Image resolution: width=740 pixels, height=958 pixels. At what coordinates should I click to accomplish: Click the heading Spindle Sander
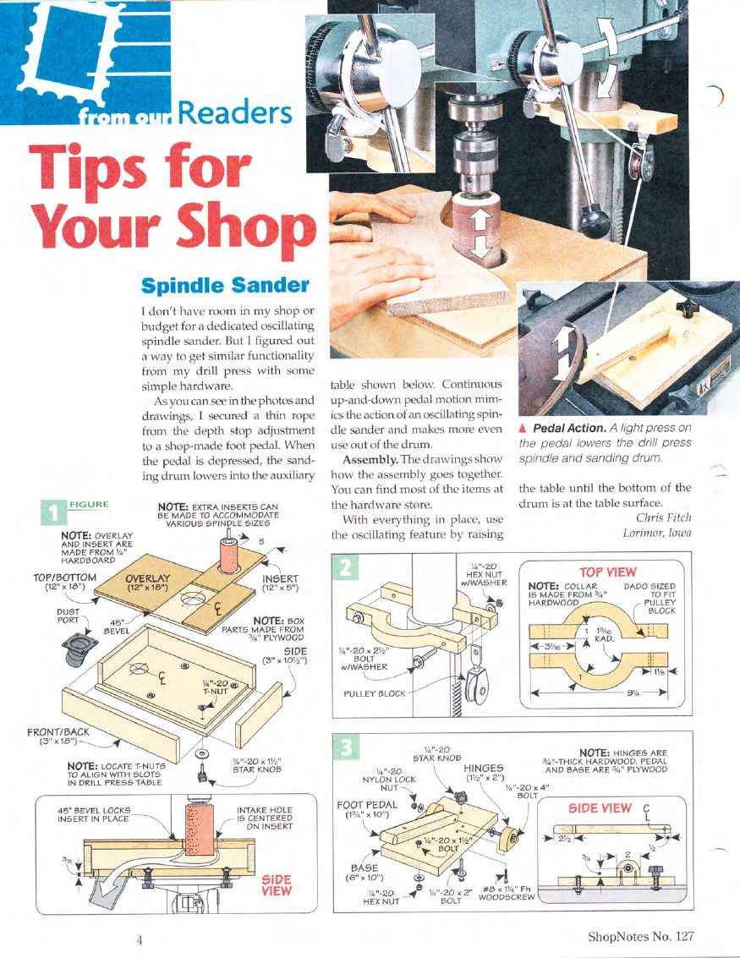[225, 283]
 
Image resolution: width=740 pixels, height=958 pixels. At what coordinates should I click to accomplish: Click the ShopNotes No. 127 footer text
[640, 937]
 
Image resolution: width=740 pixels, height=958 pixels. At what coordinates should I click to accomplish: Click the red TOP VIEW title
[607, 572]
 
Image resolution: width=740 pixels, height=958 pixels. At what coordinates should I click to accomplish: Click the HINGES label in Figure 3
[483, 768]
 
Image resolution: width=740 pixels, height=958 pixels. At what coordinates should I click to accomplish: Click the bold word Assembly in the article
[370, 459]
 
